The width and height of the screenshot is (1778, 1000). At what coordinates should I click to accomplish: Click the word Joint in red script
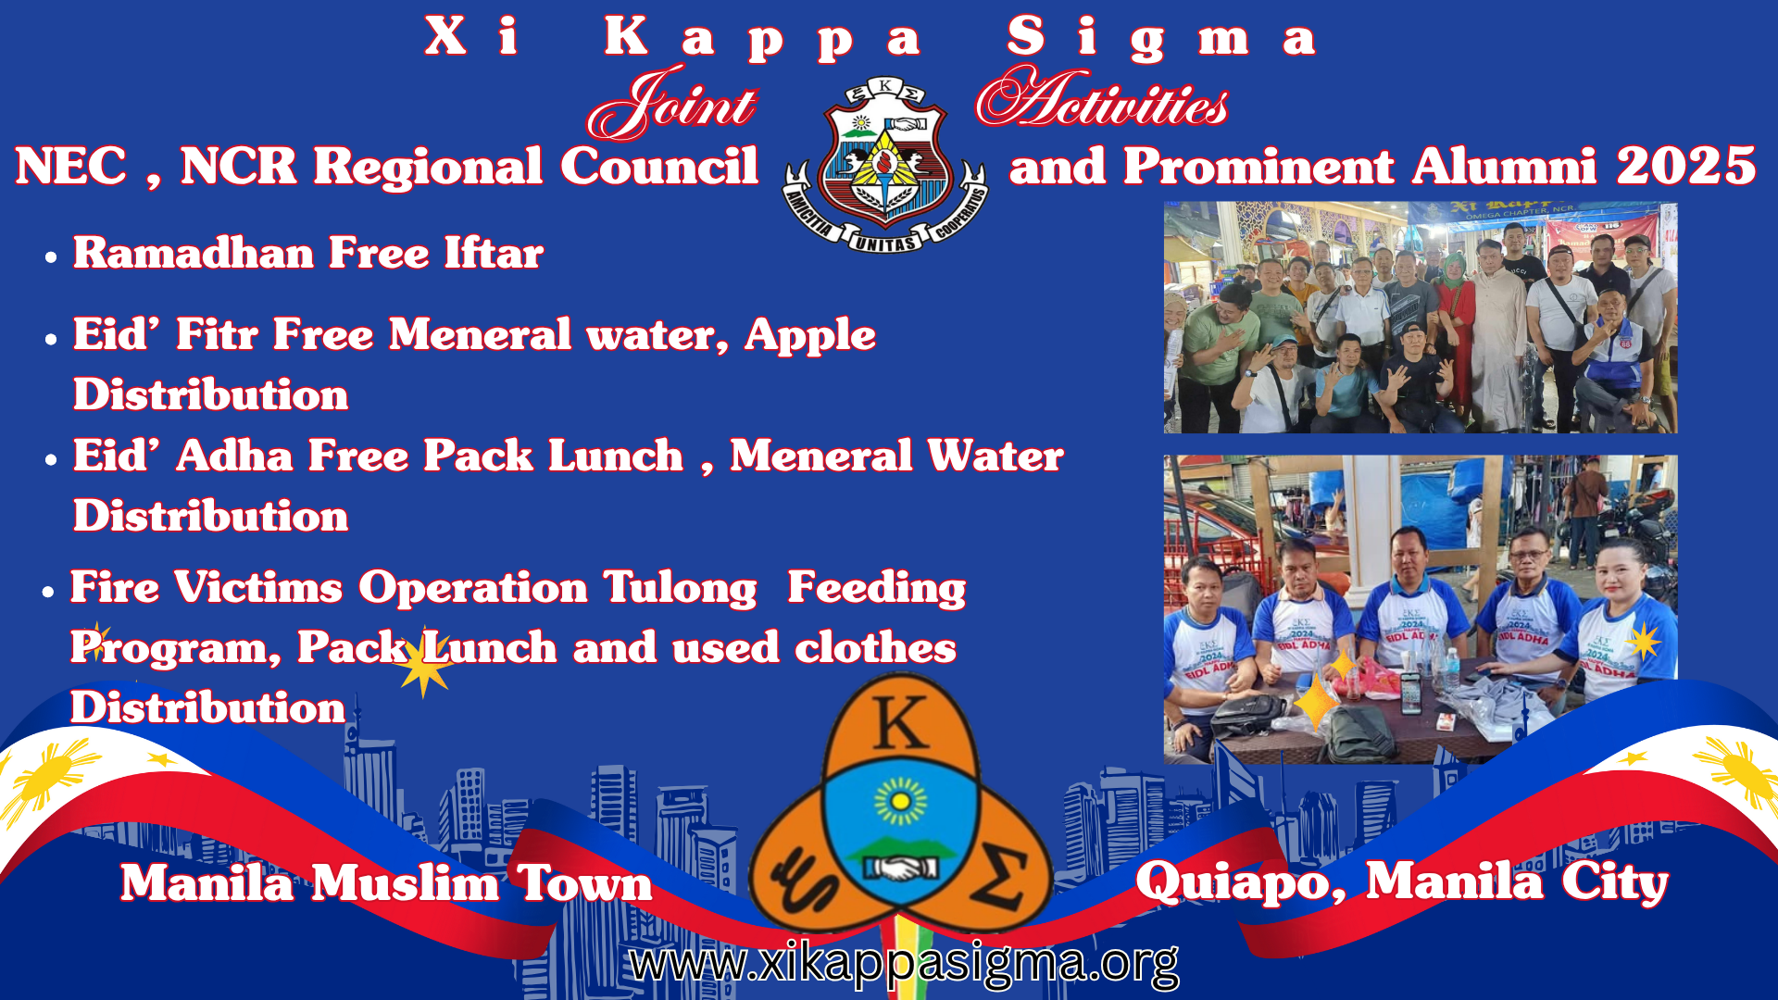(672, 103)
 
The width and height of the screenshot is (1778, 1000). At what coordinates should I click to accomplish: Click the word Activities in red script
(1102, 97)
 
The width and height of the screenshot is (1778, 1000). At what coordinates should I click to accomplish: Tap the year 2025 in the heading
(1686, 167)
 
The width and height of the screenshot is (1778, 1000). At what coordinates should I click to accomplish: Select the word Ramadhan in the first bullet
(194, 253)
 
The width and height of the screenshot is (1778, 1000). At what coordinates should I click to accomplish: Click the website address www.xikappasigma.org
(904, 963)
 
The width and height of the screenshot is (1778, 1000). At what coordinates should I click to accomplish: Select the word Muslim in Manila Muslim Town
(405, 882)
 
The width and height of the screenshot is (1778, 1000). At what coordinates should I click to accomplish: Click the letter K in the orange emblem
(900, 722)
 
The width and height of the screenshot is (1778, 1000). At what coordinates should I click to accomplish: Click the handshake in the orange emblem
(900, 869)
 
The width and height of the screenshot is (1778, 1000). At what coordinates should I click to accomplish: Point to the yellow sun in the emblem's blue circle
(900, 801)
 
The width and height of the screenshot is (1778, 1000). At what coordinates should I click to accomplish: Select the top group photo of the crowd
(1421, 318)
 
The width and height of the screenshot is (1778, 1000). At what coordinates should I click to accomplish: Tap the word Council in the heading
(658, 167)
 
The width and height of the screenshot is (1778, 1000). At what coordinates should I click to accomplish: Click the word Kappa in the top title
(762, 40)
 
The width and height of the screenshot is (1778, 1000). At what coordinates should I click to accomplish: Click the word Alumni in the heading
(1505, 167)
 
